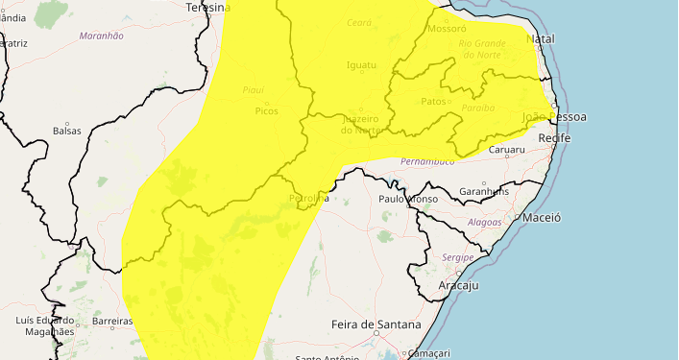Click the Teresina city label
click(x=207, y=7)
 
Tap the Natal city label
click(x=542, y=39)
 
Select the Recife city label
click(x=554, y=139)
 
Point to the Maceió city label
click(x=542, y=218)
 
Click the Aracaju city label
click(x=457, y=286)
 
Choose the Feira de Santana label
click(x=376, y=325)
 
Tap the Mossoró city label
click(x=446, y=30)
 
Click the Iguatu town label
click(x=361, y=65)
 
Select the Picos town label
click(x=266, y=111)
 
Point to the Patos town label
click(x=434, y=101)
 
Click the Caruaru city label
click(x=506, y=150)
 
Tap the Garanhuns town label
click(x=484, y=191)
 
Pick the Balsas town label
click(x=67, y=131)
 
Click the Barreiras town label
click(x=111, y=321)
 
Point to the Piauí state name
click(x=254, y=90)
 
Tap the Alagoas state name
click(x=484, y=222)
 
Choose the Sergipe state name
click(x=458, y=258)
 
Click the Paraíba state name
click(x=477, y=108)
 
